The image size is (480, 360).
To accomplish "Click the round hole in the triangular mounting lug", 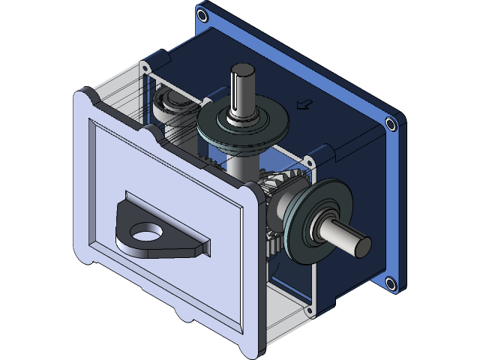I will pyautogui.click(x=150, y=234).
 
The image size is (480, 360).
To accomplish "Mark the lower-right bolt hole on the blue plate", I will pyautogui.click(x=389, y=283).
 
